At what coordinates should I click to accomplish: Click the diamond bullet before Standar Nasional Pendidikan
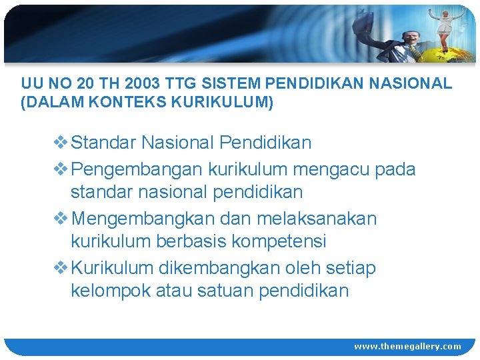coord(60,143)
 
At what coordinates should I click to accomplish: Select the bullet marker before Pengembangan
coord(60,169)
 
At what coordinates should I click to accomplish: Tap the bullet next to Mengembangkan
coord(60,219)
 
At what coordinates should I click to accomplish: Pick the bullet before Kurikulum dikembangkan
coord(60,268)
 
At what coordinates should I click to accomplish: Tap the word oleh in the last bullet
coord(304,268)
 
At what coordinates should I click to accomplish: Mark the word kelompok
coord(110,291)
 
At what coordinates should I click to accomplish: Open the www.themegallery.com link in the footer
coord(407,346)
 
